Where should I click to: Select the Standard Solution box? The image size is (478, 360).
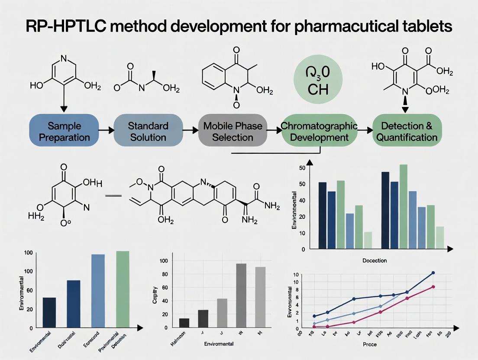(x=148, y=132)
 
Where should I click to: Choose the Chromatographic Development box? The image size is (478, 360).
(x=319, y=132)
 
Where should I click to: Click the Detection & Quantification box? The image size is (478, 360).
(x=409, y=132)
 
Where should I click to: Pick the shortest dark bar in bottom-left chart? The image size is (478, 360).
(x=49, y=312)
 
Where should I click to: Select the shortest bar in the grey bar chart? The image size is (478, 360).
(x=184, y=323)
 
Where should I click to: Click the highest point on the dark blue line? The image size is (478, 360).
(x=433, y=273)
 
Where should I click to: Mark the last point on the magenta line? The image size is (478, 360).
(x=433, y=287)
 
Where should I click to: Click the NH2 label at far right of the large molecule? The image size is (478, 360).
(x=271, y=206)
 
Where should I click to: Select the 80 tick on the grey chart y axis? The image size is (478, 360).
(x=164, y=274)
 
